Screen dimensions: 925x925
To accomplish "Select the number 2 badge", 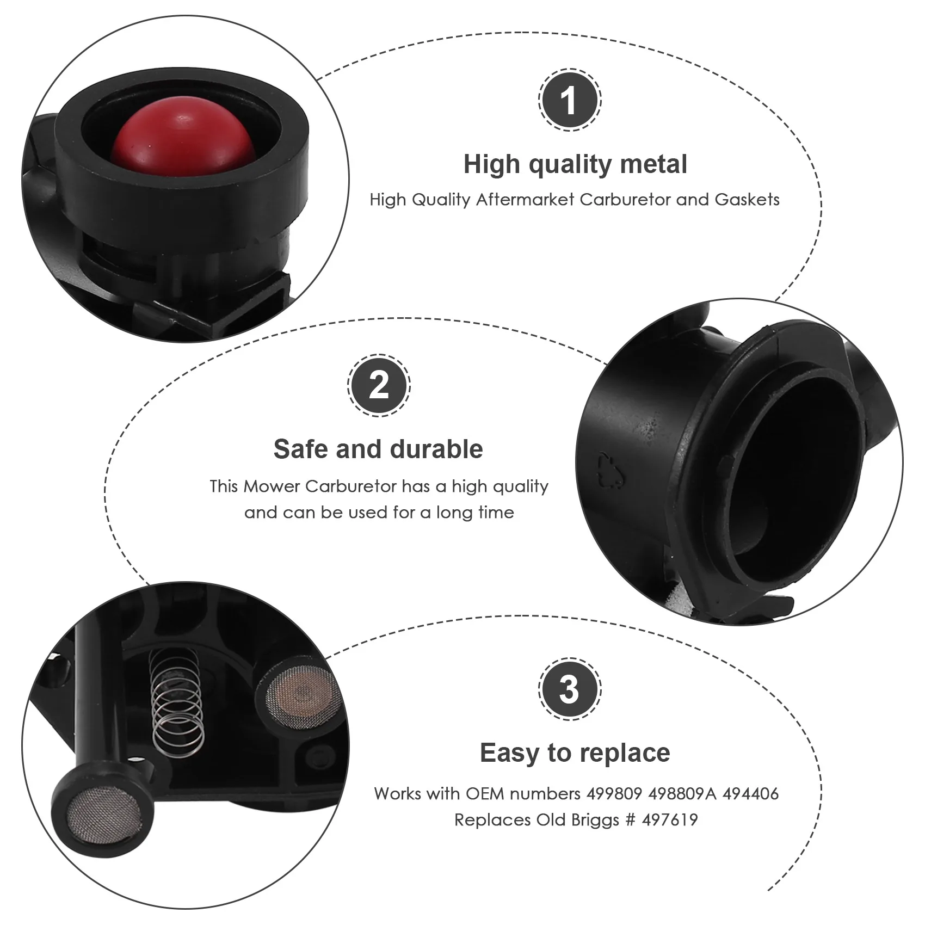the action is (x=379, y=386).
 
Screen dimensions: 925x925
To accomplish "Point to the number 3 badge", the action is (x=570, y=690).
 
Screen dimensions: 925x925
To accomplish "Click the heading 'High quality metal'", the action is (x=575, y=164).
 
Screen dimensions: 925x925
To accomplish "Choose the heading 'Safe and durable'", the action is (x=378, y=449).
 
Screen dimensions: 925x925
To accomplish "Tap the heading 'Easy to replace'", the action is (x=575, y=753).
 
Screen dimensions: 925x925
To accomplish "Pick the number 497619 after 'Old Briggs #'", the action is (x=669, y=820).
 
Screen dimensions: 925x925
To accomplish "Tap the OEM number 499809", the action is (x=614, y=794).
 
